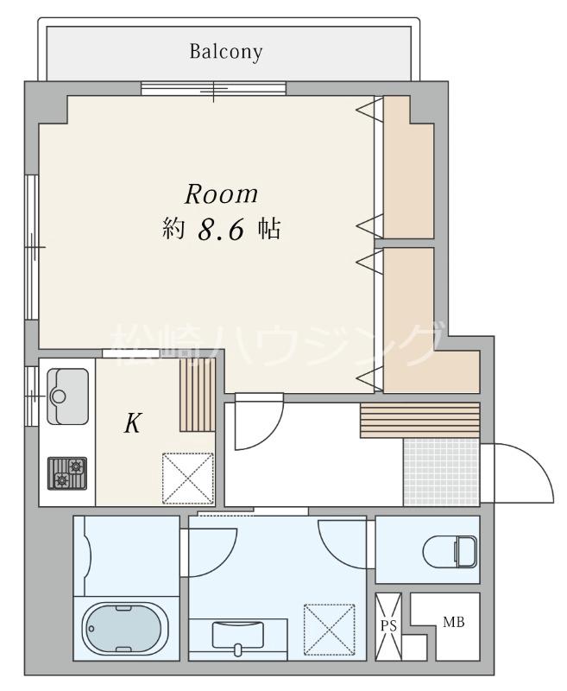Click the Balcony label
226,52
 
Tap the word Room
221,194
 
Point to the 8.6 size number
221,230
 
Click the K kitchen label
133,423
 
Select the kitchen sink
68,396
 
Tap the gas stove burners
67,473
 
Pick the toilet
450,551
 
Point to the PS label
388,625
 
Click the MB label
453,622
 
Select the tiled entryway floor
441,472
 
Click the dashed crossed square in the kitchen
188,479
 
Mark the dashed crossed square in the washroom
330,630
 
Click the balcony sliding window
213,88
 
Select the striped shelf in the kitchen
198,395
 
